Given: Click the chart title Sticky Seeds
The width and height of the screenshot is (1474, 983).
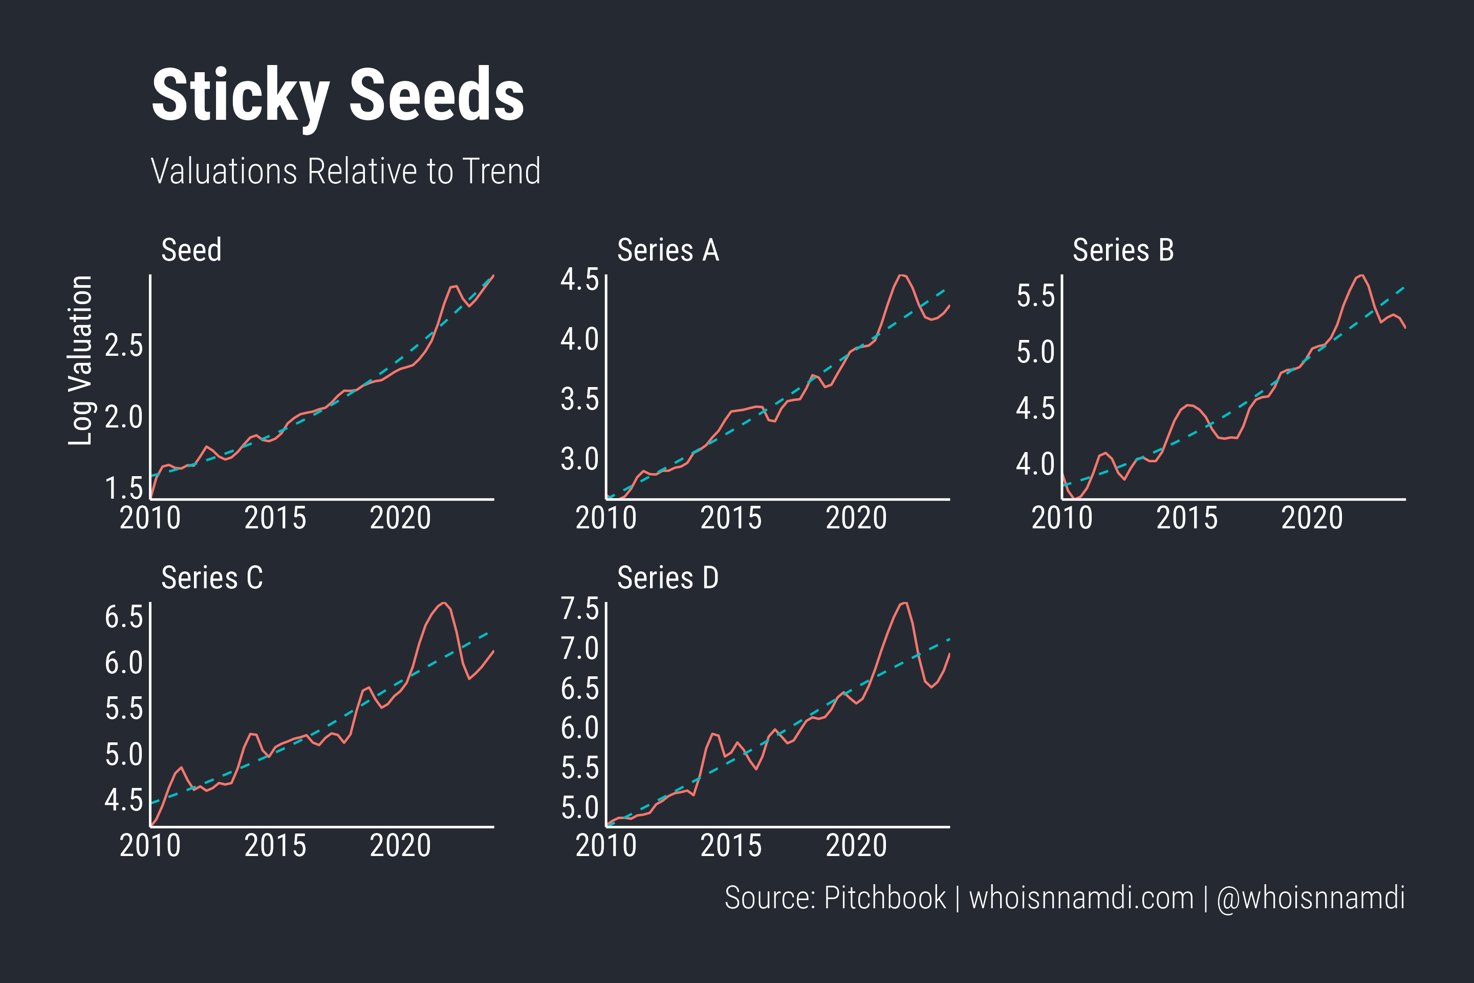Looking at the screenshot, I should pos(338,95).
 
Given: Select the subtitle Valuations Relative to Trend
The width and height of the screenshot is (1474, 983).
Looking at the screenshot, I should pos(345,171).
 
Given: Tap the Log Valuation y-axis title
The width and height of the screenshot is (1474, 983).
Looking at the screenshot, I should pos(80,360).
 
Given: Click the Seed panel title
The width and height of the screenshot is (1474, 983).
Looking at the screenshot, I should pos(191,250).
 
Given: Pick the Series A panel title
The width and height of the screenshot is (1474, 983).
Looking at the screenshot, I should pos(668,250).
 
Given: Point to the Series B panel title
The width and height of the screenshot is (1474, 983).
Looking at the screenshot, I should pos(1123,250).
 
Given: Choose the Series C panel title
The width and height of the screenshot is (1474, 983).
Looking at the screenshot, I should pos(212,578).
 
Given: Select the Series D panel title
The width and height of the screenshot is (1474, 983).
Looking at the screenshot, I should pos(668,578).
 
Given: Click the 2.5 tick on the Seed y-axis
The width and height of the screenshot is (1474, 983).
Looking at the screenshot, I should pos(124,346).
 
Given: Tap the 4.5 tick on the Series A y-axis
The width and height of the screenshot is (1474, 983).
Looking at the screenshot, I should pos(580,280).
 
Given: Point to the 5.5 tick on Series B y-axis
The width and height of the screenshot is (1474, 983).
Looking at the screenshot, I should pos(1035,296).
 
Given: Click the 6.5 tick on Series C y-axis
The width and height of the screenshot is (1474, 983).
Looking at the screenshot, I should pos(124,617).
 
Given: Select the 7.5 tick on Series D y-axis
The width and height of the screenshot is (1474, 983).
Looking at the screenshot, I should pos(580,609).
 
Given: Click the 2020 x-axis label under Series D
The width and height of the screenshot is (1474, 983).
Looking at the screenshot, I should pos(856,846).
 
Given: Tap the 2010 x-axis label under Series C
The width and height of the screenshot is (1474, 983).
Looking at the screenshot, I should pos(150,846).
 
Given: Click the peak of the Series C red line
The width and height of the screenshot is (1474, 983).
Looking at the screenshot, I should pos(444,603).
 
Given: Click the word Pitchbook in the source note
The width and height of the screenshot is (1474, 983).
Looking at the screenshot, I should pos(885,897).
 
